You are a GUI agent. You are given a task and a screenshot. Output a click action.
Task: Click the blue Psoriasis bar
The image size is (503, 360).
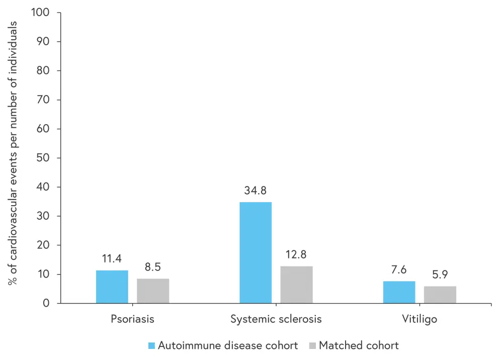pos(112,287)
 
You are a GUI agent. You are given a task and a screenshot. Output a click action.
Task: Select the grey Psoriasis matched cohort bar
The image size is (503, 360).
pos(153,291)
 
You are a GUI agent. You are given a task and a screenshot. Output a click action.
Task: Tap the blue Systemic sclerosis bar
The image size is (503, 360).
pos(256,252)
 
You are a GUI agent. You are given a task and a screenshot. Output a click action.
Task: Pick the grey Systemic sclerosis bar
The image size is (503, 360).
pos(296,285)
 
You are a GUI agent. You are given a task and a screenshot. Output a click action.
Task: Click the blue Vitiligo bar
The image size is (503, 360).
pos(399,292)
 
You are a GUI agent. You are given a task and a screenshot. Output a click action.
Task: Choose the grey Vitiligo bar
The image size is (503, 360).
pos(440,295)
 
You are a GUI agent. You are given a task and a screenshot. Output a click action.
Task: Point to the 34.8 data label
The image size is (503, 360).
pos(256,191)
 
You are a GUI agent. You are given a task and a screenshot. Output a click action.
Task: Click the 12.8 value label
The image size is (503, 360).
pos(296,255)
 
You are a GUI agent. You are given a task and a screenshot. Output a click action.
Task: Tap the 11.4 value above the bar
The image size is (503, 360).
pos(112,259)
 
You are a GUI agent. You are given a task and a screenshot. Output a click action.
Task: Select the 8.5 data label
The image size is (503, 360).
pos(153,267)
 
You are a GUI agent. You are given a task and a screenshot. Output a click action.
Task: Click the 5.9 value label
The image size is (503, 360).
pos(440,276)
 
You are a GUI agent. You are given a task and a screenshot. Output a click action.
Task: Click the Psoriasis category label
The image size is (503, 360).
pos(132,319)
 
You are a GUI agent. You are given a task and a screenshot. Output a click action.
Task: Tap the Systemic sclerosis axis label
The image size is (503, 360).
pos(276,319)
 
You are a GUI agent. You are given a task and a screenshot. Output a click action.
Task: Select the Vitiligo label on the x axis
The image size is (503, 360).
pos(420,319)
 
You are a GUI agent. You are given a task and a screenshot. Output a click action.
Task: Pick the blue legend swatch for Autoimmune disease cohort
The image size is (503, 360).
pos(152,346)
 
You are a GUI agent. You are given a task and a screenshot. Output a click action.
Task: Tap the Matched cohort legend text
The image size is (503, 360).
pos(359,346)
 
